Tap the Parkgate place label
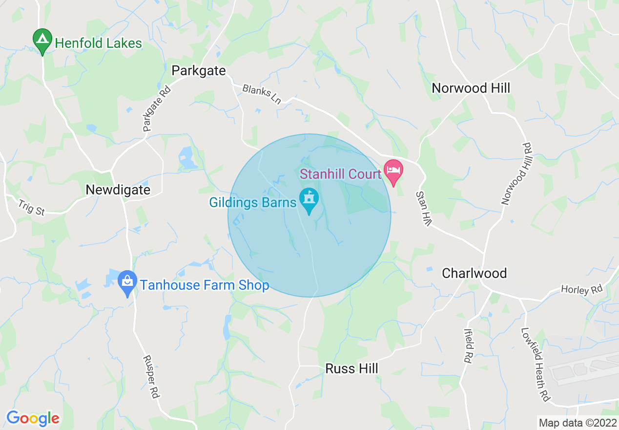[x=199, y=71]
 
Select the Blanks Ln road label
[x=262, y=94]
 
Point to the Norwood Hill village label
[x=471, y=88]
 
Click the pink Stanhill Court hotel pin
[x=393, y=172]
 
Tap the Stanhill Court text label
[x=340, y=174]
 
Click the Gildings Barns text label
[x=253, y=202]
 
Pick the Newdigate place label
[x=118, y=190]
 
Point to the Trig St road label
[x=32, y=208]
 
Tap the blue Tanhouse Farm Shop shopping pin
[x=127, y=282]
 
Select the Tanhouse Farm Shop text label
[x=205, y=285]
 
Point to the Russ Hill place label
[x=351, y=368]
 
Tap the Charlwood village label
[x=474, y=273]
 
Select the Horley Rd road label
[x=581, y=290]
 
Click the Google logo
[x=33, y=418]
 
